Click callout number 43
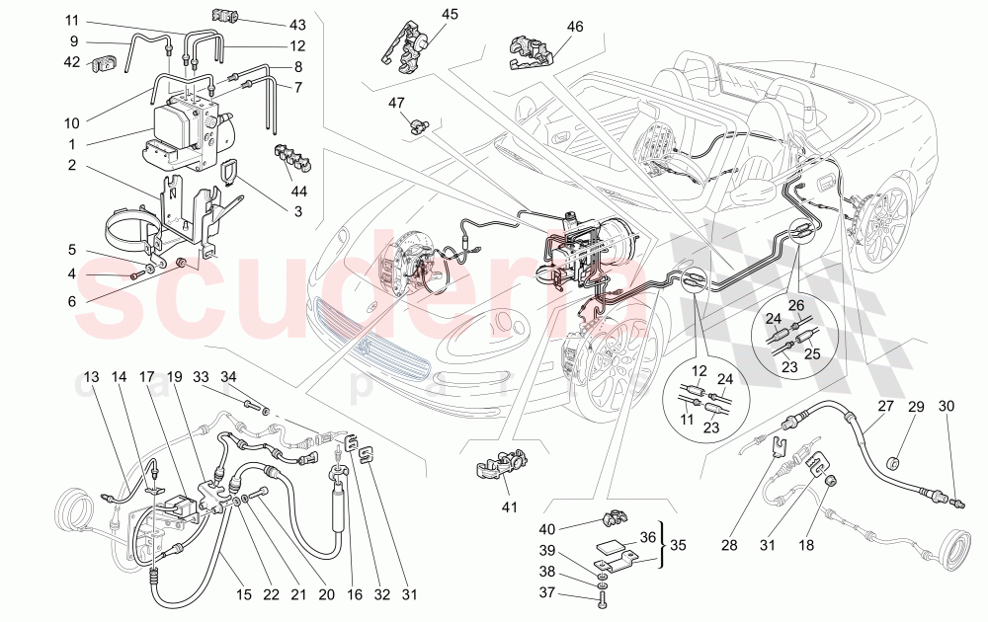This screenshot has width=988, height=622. (271, 23)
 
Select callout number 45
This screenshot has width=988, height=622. (451, 14)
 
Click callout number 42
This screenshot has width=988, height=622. (72, 61)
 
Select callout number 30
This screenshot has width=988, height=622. (947, 407)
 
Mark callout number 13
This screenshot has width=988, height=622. (92, 376)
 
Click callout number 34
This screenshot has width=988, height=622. (228, 376)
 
